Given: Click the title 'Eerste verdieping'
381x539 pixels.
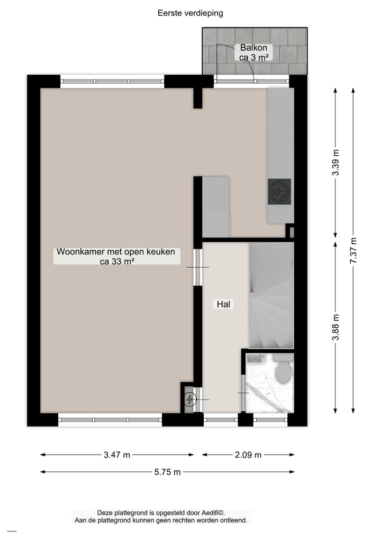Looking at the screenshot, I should (x=190, y=13).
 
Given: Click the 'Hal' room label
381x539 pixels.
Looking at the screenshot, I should (x=224, y=304).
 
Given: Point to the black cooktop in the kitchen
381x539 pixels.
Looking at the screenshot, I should (x=279, y=191).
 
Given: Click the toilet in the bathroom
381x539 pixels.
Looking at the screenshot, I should (x=283, y=370).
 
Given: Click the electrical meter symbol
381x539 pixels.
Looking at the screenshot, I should (x=190, y=400).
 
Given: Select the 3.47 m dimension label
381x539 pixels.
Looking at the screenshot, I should (x=117, y=455).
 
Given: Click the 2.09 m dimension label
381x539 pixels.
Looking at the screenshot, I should (x=248, y=455).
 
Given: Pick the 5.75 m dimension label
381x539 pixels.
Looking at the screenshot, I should (x=167, y=472).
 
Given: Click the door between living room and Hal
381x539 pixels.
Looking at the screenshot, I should (x=198, y=267).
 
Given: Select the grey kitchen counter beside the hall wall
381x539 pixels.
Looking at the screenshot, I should (x=215, y=207).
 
